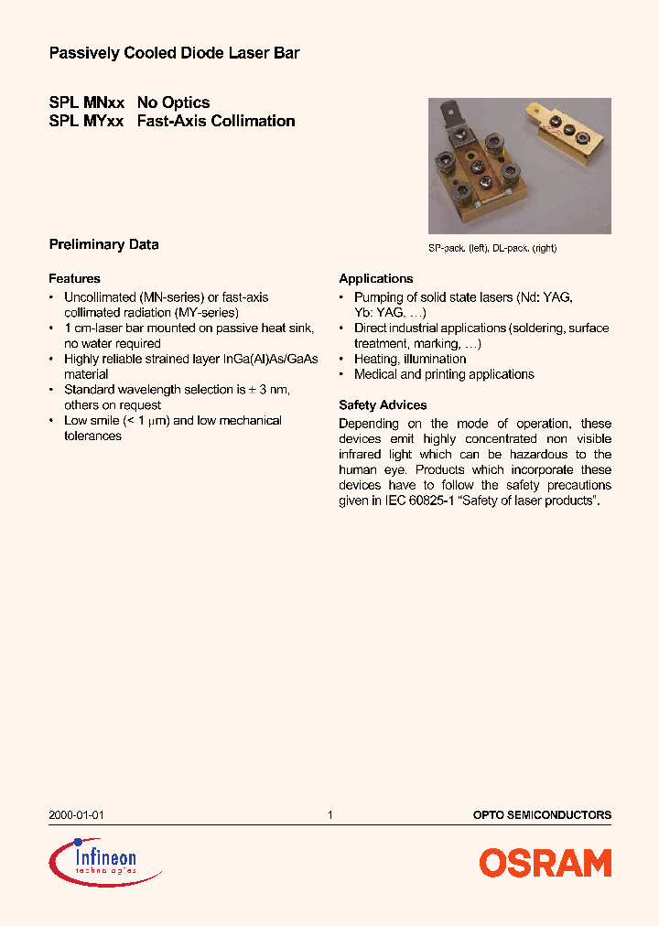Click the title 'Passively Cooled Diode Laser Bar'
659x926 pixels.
point(174,54)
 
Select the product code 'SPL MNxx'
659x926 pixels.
point(86,102)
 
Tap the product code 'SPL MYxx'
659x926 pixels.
point(86,121)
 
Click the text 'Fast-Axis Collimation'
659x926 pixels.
point(216,121)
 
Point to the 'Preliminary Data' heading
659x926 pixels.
point(103,244)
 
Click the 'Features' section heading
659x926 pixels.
point(74,278)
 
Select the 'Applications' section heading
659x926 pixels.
point(375,278)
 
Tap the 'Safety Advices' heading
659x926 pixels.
point(383,404)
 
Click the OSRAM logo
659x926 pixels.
point(545,863)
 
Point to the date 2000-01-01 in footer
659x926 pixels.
point(70,814)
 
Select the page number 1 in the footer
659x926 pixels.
point(329,814)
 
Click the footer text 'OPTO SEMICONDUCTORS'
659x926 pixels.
point(542,814)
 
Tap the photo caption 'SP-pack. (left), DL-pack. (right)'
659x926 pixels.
point(492,248)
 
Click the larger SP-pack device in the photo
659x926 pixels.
point(481,169)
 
